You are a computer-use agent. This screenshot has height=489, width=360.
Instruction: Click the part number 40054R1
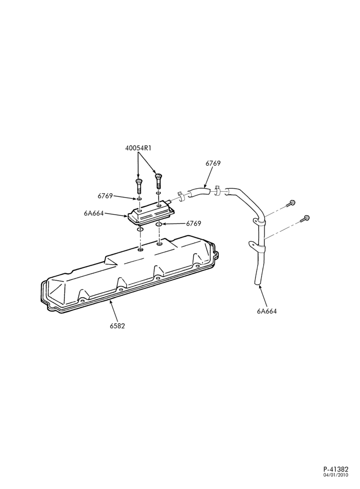point(138,148)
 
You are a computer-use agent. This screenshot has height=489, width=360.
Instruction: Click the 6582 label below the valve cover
point(117,326)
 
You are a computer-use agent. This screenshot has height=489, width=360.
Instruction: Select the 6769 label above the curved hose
point(213,163)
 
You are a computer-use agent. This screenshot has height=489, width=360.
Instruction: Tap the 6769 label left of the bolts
point(106,196)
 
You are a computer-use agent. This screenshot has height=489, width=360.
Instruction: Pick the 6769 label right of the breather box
point(194,223)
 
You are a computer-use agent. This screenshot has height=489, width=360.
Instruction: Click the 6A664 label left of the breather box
point(93,213)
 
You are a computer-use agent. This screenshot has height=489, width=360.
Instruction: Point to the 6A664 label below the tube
point(267,311)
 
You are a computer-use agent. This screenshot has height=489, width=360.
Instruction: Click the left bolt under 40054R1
point(138,186)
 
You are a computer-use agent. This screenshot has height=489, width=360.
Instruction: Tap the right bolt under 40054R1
point(159,181)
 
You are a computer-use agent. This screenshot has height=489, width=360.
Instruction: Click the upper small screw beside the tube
point(291,203)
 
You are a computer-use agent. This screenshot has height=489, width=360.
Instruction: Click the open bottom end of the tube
point(257,283)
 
